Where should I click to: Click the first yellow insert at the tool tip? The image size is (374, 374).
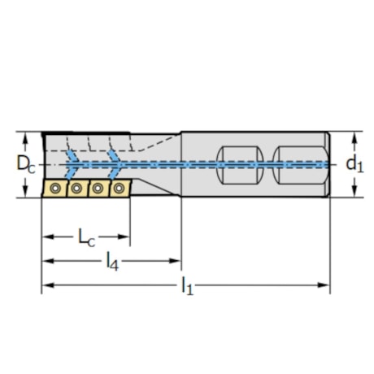54,189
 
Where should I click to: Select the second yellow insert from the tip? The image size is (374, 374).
76,189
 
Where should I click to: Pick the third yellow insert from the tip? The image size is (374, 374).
98,189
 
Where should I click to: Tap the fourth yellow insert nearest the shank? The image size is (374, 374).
119,188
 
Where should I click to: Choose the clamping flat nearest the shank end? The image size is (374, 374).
298,163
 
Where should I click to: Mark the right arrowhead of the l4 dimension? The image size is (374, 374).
176,261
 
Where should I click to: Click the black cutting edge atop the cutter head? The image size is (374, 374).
85,133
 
